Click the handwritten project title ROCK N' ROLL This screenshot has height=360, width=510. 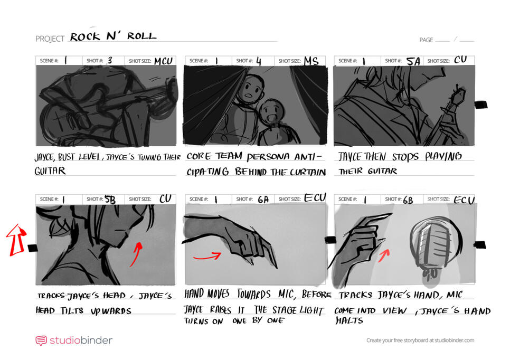113,36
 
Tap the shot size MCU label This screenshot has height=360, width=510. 163,61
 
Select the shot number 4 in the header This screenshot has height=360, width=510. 259,61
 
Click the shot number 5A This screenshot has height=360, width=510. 413,61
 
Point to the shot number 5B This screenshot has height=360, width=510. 110,199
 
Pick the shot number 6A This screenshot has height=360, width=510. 262,199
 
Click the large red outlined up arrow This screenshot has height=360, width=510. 16,239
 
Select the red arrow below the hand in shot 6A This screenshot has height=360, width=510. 207,257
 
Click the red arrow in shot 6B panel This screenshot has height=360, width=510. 384,255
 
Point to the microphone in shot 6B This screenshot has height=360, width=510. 432,245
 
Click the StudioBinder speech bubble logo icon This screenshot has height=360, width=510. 41,340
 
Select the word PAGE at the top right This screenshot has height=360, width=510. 426,40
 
